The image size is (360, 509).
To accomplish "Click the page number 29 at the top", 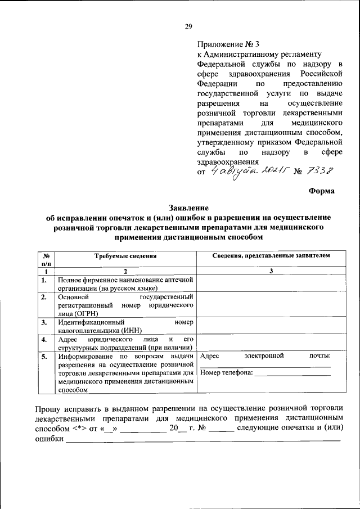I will pos(188,26).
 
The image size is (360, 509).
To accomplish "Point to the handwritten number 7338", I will pos(326,170).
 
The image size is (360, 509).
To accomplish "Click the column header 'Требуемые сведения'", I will pos(125,256).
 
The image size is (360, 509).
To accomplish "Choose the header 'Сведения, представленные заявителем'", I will pos(271,256).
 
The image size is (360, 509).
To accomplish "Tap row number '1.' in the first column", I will pos(44,280).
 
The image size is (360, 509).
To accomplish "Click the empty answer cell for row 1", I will pos(271,283).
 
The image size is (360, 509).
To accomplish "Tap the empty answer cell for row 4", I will pos(271,343).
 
